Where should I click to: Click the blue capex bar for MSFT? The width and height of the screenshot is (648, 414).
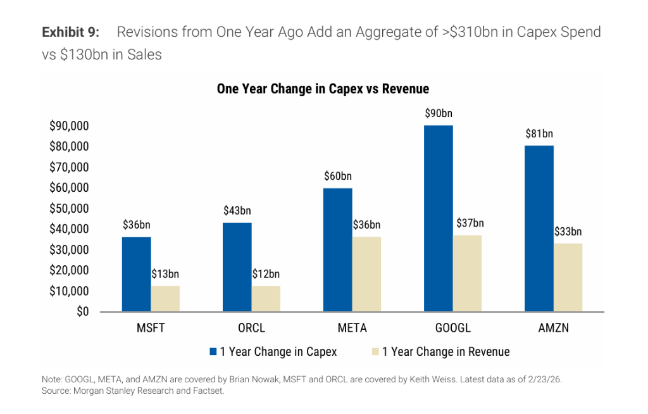tap(136, 274)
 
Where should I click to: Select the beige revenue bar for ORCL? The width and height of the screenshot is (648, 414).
tap(266, 298)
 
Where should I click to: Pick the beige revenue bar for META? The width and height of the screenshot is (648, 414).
tap(366, 274)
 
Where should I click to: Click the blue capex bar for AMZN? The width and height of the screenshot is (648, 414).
tap(539, 229)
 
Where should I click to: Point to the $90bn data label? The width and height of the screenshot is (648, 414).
tap(439, 113)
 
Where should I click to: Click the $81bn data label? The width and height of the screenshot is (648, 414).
tap(539, 134)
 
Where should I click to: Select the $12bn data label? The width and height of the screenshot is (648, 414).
tap(266, 274)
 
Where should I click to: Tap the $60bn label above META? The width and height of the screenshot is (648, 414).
tap(338, 176)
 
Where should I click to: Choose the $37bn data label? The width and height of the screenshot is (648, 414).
tap(470, 223)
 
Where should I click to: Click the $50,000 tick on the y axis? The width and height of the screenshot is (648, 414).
tap(69, 208)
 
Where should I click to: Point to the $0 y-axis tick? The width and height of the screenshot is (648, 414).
tap(80, 311)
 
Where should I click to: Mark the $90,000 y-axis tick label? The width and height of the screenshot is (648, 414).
tap(69, 126)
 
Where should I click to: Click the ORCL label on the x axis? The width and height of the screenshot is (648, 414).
tap(251, 329)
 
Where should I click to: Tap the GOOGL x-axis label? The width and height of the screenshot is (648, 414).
tap(453, 329)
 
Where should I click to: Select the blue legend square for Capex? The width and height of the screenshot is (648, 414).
tap(213, 351)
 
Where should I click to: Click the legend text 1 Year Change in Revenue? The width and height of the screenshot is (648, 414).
tap(445, 351)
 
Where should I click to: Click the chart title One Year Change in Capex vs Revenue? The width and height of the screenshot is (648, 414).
tap(323, 89)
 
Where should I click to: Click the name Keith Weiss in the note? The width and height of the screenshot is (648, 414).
tap(402, 379)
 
